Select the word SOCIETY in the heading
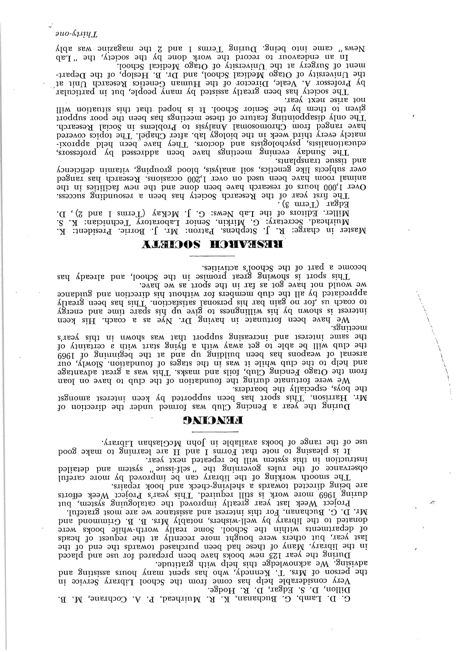coord(176,244)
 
